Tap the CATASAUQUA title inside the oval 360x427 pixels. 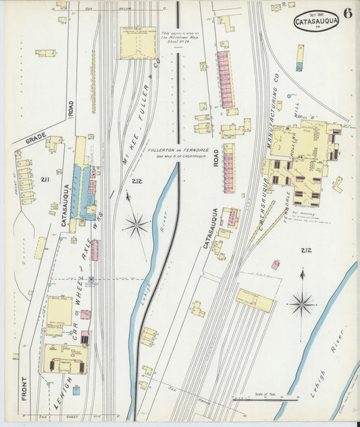pos(316,22)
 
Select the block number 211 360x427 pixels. pos(45,180)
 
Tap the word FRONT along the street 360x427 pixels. pos(25,386)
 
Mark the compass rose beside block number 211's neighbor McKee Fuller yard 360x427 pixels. pos(136,224)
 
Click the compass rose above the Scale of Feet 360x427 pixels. pos(301,303)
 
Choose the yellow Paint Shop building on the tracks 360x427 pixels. pos(137,43)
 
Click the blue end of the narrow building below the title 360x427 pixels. pos(299,67)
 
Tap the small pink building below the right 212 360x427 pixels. pos(275,265)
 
